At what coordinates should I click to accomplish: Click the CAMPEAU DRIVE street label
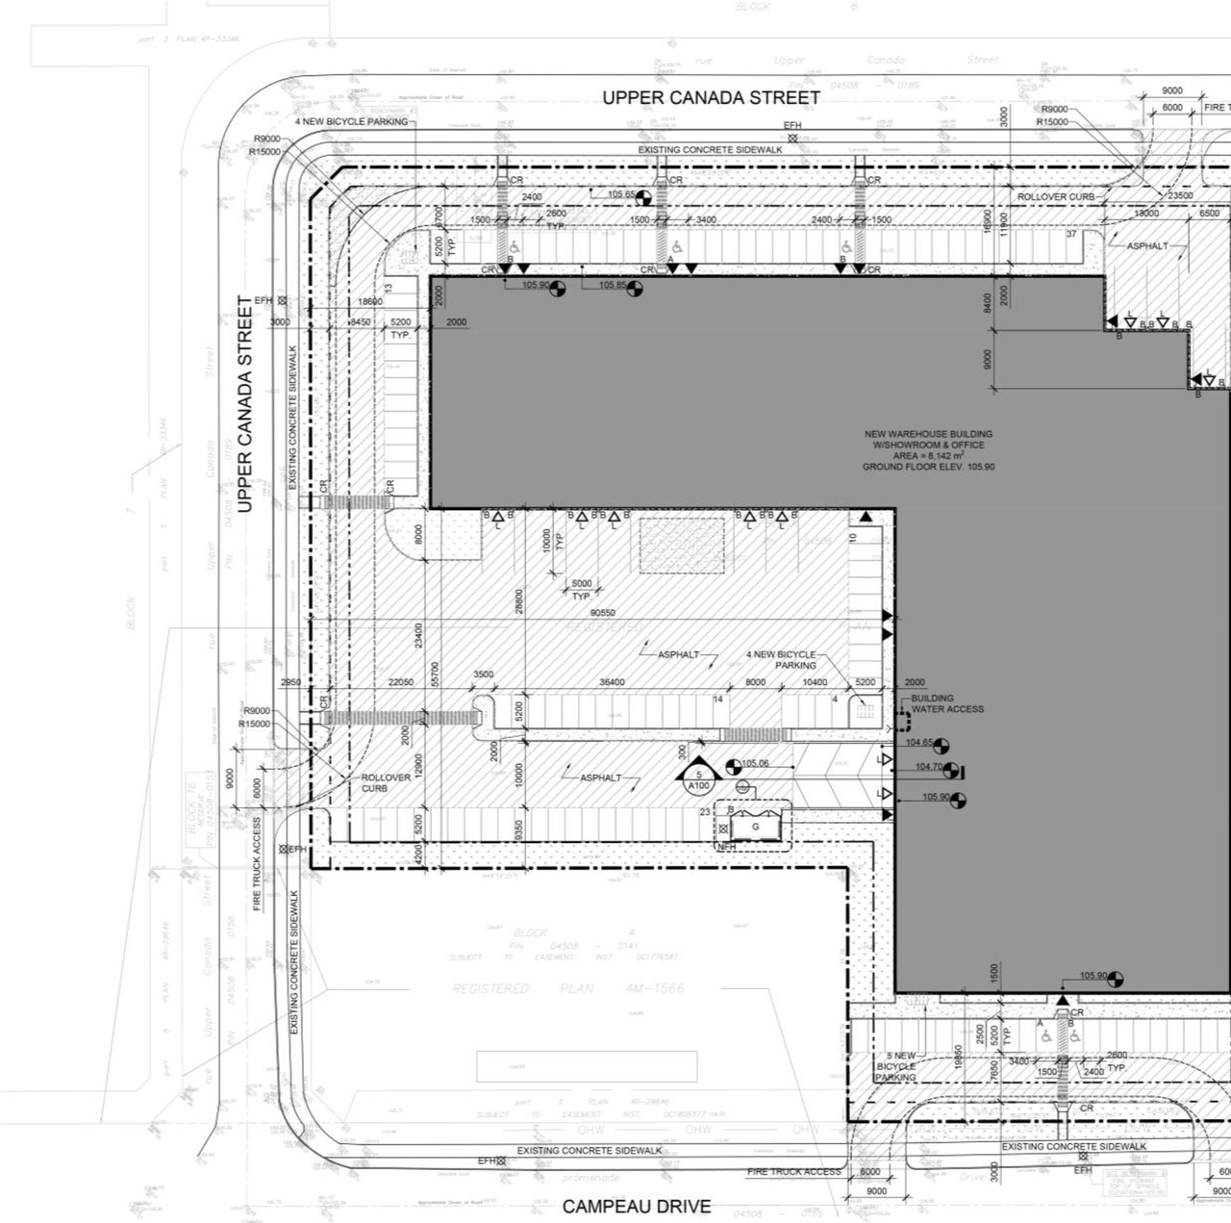coord(637,1206)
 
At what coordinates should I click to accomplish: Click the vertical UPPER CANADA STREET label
coord(245,403)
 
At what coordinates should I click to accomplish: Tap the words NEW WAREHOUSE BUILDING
coord(927,434)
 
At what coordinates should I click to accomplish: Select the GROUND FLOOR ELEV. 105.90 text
coord(927,467)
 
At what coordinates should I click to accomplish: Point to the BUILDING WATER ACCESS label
coord(946,703)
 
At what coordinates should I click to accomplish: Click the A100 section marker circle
coord(698,786)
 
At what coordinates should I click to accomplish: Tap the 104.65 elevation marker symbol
coord(941,746)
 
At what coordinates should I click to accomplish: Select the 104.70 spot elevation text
coord(928,767)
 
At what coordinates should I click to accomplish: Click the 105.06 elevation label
coord(755,763)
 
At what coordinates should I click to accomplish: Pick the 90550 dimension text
coord(603,613)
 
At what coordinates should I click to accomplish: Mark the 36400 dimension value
coord(612,682)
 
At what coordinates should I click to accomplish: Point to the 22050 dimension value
coord(401,682)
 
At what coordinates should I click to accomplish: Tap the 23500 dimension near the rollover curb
coord(1180,195)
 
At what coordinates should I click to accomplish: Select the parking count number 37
coord(1071,234)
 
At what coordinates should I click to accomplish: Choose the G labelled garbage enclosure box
coord(755,827)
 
